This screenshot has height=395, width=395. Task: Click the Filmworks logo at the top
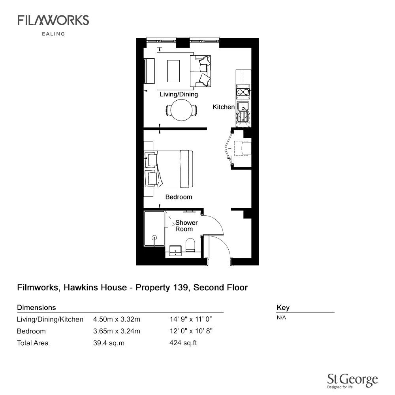click(53, 21)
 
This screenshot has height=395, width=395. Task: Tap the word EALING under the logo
click(53, 34)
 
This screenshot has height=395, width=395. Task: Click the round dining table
click(181, 110)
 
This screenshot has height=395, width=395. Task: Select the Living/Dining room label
click(179, 94)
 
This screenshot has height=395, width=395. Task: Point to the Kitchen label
click(224, 107)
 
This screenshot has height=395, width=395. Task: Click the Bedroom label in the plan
click(179, 197)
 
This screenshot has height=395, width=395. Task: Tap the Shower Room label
click(186, 226)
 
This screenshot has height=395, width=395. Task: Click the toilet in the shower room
click(190, 245)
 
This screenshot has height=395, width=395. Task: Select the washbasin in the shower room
click(176, 250)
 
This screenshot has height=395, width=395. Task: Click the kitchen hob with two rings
click(243, 92)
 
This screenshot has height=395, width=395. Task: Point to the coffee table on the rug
click(173, 71)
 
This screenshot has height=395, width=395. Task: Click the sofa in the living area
click(200, 71)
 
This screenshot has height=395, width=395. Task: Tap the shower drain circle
click(154, 237)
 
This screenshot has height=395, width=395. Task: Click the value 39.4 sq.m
click(109, 343)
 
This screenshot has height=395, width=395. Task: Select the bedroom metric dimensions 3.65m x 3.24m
click(117, 331)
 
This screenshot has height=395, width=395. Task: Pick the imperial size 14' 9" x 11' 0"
click(191, 319)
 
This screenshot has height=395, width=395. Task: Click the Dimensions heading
click(36, 307)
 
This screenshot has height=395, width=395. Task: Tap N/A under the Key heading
click(281, 318)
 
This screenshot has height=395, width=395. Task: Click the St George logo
click(352, 381)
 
